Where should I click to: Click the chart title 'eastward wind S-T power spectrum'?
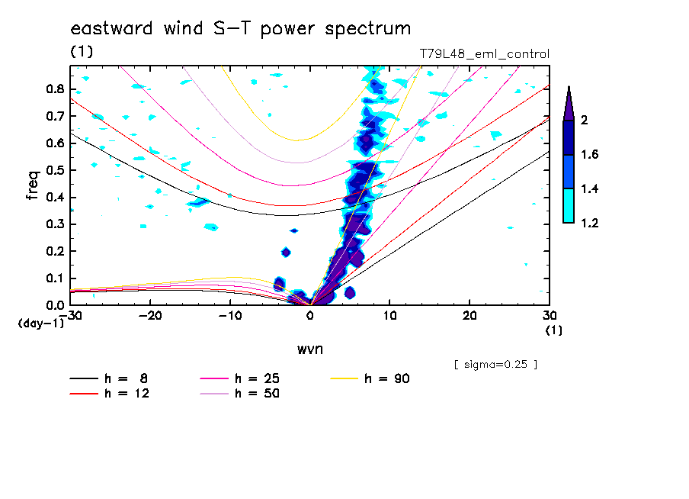240,29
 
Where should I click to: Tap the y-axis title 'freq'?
33,185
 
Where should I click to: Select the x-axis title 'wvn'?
309,349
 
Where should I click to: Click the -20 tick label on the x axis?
150,316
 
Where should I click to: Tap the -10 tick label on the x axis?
230,316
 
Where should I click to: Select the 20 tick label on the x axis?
469,316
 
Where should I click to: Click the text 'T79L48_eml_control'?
484,54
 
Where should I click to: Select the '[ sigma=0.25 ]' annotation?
495,364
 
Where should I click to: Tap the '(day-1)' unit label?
40,324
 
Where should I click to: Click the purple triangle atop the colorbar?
568,103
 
